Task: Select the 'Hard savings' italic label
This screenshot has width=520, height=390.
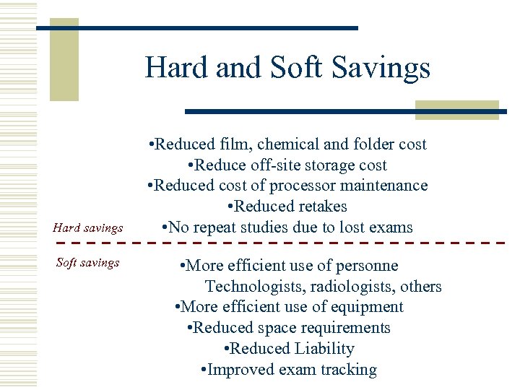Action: click(88, 228)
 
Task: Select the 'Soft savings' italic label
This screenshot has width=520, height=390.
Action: click(87, 263)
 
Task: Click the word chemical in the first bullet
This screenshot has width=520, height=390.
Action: click(296, 144)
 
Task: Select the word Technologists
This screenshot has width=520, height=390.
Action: click(252, 287)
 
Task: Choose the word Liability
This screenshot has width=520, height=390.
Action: click(324, 349)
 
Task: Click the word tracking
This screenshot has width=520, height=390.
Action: click(347, 370)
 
